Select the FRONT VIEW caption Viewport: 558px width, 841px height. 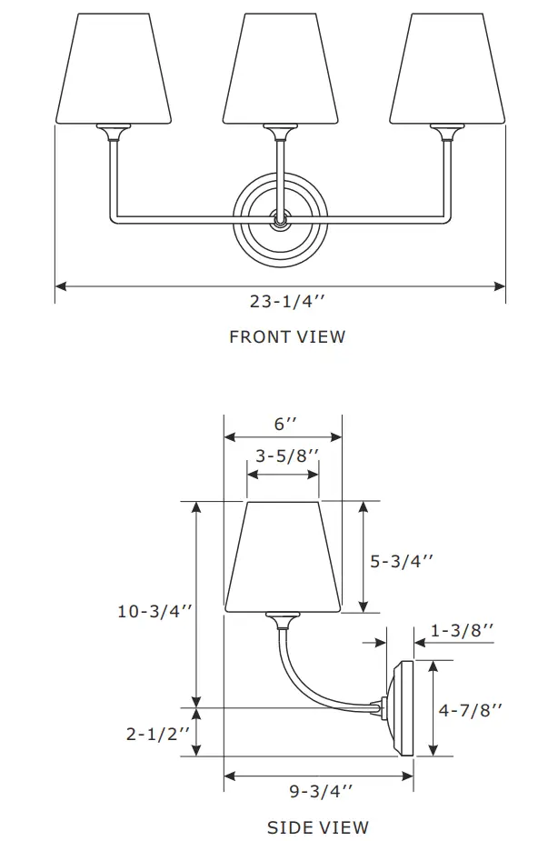(x=287, y=337)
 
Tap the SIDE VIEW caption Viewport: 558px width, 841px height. (x=318, y=827)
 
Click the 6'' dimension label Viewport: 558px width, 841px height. (x=285, y=424)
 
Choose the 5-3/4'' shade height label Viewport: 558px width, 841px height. (x=402, y=562)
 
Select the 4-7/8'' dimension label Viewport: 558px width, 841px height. (x=470, y=710)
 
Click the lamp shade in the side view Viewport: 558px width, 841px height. (x=283, y=556)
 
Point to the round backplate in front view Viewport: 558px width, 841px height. (x=281, y=220)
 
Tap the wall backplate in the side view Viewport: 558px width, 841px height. (x=402, y=708)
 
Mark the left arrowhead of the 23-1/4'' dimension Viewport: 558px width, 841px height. (x=61, y=286)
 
